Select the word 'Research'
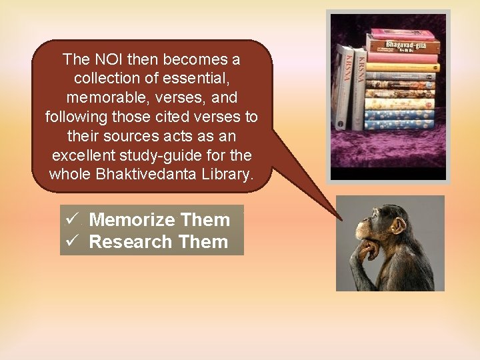tap(123, 241)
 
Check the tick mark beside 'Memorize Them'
tap(71, 219)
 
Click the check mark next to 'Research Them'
tap(71, 241)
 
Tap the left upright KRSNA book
tap(345, 87)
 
